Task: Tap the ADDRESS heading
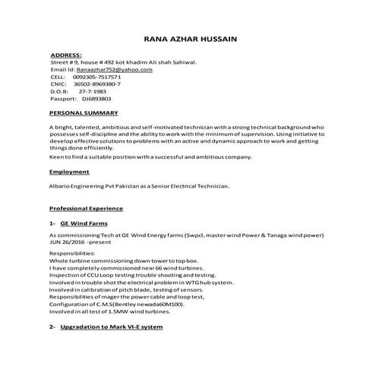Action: pos(66,56)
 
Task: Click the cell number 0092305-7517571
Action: pos(96,77)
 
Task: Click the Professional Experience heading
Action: pos(86,208)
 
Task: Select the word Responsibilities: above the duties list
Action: pos(73,253)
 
